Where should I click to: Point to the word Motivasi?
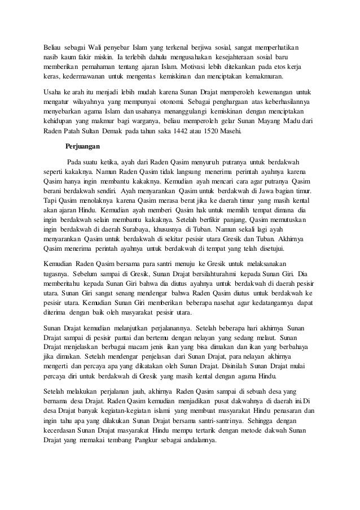pyautogui.click(x=204, y=67)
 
